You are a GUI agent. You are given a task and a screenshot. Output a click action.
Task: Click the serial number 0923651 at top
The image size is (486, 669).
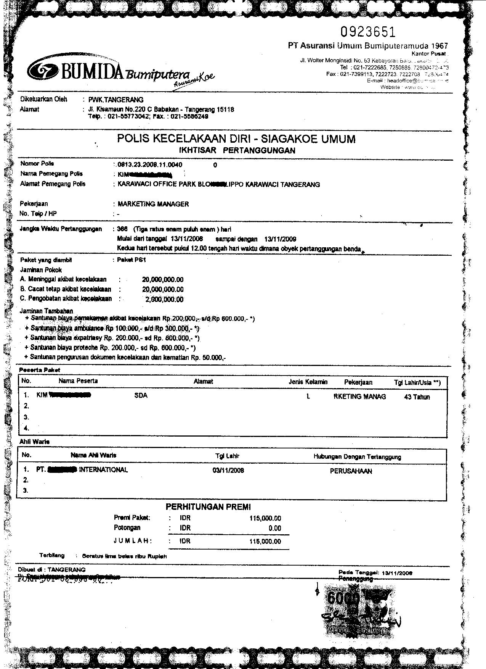coord(368,32)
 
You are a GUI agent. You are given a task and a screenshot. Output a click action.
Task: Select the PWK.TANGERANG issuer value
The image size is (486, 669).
coord(116,100)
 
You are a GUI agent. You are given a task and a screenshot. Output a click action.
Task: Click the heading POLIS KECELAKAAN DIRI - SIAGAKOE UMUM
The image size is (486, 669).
coord(236,139)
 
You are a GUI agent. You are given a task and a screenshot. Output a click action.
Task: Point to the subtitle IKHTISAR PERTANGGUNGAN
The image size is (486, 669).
coord(237,150)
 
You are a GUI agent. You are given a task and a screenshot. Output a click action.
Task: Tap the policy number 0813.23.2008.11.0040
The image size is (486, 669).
coord(150,165)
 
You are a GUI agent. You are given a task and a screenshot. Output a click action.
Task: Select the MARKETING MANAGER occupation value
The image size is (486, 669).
coord(153,204)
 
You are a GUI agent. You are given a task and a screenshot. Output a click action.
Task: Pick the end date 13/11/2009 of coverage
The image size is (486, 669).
coord(280,239)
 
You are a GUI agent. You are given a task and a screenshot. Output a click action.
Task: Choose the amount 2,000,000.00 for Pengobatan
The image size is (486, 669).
coord(164,300)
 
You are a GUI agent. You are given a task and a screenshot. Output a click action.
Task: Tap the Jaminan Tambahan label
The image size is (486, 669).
coord(46,311)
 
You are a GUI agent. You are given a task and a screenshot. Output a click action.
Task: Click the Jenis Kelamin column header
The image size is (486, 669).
coord(308,382)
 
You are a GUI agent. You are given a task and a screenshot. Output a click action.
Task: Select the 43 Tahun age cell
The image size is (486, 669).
coord(417,397)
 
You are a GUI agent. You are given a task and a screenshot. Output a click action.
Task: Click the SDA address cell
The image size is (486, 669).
coord(141,396)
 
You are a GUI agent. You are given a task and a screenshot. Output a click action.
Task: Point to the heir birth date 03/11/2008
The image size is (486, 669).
coord(228,471)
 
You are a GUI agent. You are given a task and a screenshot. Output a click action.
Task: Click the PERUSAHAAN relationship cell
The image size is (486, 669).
coord(351,471)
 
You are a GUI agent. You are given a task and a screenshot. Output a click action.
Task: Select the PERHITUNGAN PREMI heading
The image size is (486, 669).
coord(208,507)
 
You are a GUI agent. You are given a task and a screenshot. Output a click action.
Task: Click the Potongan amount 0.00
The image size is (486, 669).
coord(274,529)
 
